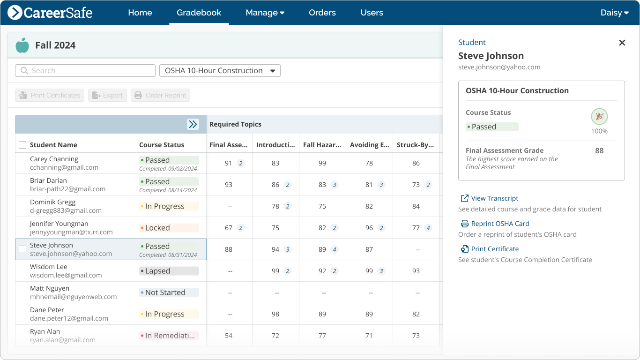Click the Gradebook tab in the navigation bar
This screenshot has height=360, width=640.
(x=199, y=13)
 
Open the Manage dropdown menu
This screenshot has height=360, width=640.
(x=265, y=13)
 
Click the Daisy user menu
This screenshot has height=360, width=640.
(x=614, y=13)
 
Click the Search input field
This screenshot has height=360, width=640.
(x=85, y=71)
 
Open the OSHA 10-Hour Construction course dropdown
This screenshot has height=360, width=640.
(x=220, y=71)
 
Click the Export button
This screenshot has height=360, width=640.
(x=108, y=95)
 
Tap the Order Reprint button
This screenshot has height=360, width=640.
(x=160, y=95)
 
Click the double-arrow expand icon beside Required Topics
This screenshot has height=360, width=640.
(x=193, y=124)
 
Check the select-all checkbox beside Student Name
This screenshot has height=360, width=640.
(x=22, y=145)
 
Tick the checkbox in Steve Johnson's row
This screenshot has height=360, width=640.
(x=22, y=249)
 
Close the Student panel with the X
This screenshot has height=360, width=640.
(x=622, y=43)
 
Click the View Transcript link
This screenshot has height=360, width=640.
(x=494, y=198)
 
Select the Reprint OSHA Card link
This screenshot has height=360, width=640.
(x=500, y=224)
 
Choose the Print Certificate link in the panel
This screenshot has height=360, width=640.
(x=495, y=249)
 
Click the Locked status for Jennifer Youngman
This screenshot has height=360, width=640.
(x=169, y=228)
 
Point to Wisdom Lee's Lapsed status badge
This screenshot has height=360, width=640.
(x=169, y=271)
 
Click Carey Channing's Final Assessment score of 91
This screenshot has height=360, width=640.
(x=229, y=163)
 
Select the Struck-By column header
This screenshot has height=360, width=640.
(x=415, y=145)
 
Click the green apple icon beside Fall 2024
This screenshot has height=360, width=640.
(x=22, y=45)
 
